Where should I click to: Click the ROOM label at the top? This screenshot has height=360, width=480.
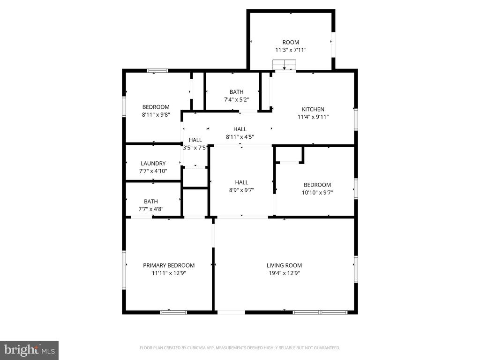(291, 42)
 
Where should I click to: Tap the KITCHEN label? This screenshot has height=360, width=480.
(313, 109)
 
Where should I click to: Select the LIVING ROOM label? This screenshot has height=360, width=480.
(284, 265)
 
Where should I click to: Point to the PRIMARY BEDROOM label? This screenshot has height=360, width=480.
(169, 265)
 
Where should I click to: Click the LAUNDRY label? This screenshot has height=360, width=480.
(153, 163)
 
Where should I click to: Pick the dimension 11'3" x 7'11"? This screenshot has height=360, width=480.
(291, 50)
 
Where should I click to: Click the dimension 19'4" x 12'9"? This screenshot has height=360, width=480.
(284, 272)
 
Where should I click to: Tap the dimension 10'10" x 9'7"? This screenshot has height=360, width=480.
(317, 192)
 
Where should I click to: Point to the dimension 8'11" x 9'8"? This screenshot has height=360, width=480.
(156, 114)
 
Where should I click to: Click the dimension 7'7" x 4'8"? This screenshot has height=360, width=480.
(151, 209)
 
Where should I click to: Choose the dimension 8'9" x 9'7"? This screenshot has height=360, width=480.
(241, 190)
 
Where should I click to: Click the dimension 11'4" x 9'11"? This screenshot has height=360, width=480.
(313, 117)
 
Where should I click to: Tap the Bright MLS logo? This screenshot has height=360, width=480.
(29, 350)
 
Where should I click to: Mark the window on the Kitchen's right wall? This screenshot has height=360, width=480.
(356, 119)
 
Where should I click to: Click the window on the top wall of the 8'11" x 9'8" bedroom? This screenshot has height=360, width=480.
(157, 71)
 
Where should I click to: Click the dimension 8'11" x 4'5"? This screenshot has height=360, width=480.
(240, 137)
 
